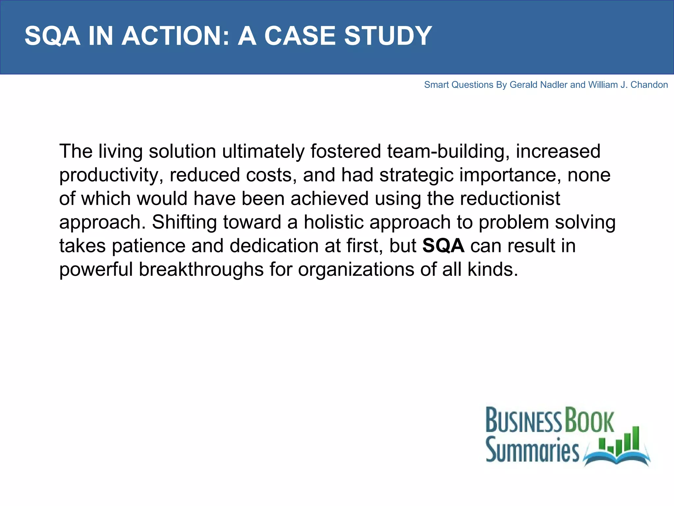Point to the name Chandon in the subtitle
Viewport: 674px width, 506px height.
click(x=649, y=85)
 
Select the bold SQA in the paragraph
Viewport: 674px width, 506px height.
click(x=443, y=246)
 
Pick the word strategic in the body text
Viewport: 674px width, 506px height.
click(x=416, y=175)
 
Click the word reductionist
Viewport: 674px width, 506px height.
click(x=510, y=199)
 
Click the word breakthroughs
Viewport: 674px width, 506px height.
click(x=201, y=269)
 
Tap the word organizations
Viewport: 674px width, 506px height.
click(x=356, y=269)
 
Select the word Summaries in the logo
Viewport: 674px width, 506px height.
click(x=532, y=449)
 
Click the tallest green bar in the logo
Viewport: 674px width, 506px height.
click(x=636, y=438)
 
